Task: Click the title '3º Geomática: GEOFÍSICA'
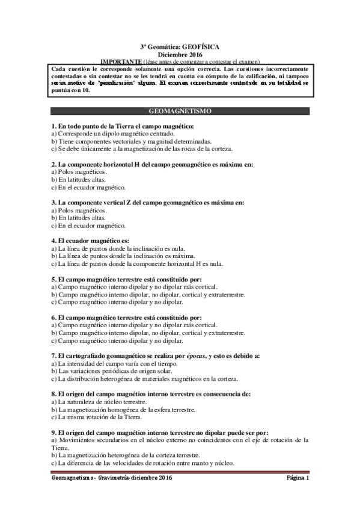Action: tap(180, 46)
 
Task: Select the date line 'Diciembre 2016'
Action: tap(180, 54)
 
